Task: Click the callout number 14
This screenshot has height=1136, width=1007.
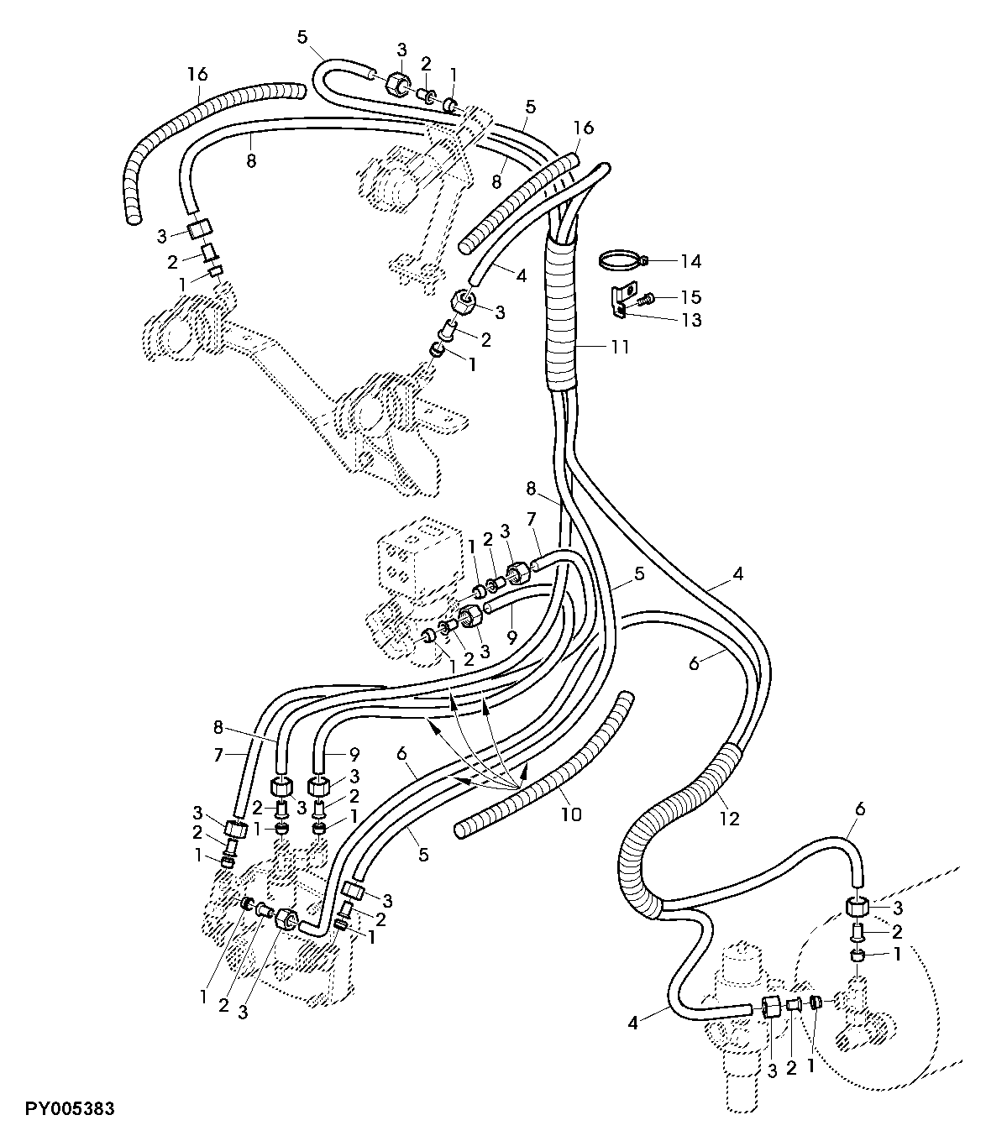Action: point(691,261)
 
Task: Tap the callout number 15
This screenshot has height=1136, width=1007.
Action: point(691,296)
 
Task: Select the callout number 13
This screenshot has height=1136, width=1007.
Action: point(691,320)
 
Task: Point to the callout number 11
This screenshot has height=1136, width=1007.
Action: point(619,347)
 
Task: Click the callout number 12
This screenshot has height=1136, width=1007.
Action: point(729,819)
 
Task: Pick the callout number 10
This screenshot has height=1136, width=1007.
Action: point(571,814)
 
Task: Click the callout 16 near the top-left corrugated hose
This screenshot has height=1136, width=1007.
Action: point(197,73)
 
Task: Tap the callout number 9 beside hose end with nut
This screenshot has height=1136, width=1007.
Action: point(511,636)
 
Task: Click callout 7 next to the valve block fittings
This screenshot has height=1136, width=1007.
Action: point(532,518)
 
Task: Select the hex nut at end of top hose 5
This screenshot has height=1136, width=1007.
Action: point(397,84)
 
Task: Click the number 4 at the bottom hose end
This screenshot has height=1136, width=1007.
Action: point(632,1023)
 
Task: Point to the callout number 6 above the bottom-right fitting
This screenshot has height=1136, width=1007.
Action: point(860,809)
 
